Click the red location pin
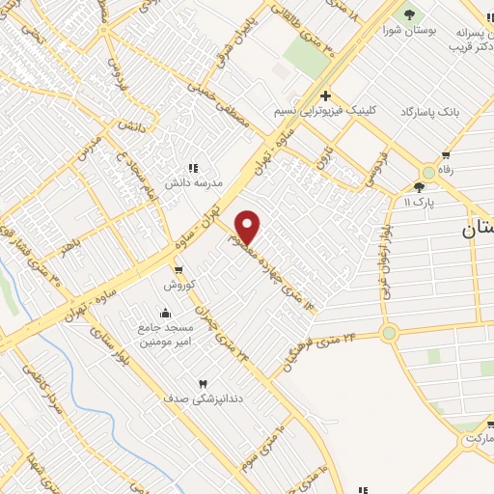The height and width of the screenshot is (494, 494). (248, 226)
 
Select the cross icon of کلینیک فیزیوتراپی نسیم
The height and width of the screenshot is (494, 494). (325, 96)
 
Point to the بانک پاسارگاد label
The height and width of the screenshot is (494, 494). (445, 114)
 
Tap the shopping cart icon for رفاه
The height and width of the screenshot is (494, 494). (445, 154)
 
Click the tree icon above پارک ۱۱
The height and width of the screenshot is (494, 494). (420, 186)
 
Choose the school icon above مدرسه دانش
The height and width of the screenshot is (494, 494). (192, 167)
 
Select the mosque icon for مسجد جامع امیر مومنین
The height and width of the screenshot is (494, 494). (166, 313)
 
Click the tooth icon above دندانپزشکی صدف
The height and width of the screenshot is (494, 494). (203, 384)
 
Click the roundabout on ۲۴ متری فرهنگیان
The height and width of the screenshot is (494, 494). (390, 333)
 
